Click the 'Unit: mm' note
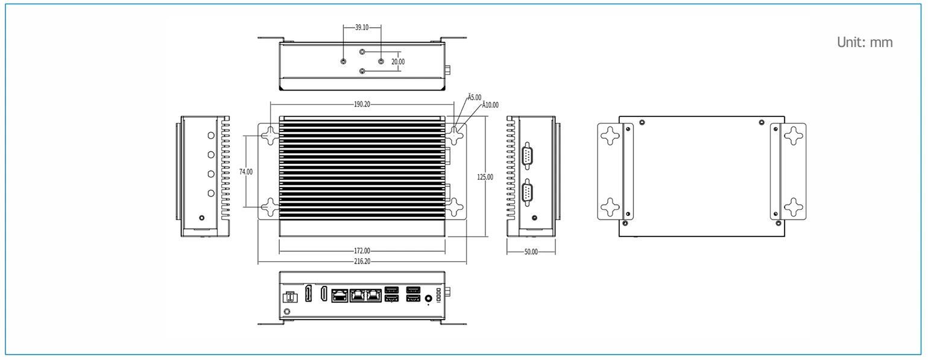865,42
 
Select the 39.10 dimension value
362,27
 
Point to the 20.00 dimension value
398,62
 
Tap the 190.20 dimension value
362,104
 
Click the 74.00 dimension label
245,171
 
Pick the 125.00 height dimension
485,177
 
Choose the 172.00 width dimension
362,251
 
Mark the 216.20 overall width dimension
362,261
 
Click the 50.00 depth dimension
531,252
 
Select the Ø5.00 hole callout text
475,97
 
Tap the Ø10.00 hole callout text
490,105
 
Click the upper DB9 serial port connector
527,156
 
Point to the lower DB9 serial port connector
527,192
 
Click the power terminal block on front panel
290,297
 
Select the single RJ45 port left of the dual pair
339,296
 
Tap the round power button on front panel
429,298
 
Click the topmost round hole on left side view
211,136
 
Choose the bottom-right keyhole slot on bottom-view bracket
794,207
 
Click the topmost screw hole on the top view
362,52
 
